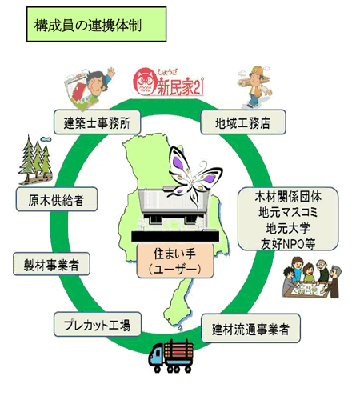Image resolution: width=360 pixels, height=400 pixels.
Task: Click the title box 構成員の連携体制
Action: click(96, 24)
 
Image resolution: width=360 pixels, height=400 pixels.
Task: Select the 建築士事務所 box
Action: click(97, 122)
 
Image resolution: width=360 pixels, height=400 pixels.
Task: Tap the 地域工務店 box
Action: click(243, 122)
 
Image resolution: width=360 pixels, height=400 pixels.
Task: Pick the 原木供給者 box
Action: click(57, 199)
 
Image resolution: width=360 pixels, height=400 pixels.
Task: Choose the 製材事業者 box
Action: click(51, 264)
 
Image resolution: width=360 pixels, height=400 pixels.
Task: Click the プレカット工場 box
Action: click(98, 324)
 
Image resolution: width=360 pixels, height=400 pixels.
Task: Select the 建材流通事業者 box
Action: click(250, 328)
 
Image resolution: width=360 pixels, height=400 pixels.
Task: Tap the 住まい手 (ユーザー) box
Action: click(175, 261)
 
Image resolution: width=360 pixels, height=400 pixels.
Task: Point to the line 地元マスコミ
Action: click(288, 213)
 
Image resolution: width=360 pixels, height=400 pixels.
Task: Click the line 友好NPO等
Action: click(288, 244)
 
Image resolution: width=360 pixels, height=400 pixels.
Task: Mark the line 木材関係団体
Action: click(288, 197)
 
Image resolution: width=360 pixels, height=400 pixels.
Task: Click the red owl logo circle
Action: click(144, 82)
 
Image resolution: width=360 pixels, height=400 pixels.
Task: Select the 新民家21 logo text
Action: click(181, 86)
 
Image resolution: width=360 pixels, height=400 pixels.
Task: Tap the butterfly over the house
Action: click(194, 176)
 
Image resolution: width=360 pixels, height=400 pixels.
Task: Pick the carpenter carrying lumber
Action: click(254, 86)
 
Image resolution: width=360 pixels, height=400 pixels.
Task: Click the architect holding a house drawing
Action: click(90, 89)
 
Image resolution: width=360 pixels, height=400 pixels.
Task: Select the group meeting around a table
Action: click(311, 278)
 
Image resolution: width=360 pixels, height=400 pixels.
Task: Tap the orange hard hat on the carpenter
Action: click(257, 70)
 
